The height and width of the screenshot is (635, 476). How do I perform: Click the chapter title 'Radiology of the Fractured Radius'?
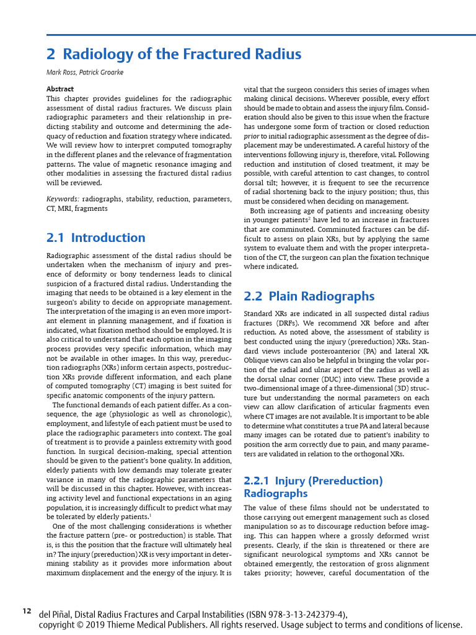(x=182, y=54)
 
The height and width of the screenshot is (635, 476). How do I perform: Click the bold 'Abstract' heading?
(x=60, y=89)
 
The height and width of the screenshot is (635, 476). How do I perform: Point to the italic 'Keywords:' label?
(x=63, y=199)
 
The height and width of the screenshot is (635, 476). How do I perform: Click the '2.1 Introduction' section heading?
(x=96, y=238)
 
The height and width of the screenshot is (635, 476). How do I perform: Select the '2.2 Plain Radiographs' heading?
(x=309, y=296)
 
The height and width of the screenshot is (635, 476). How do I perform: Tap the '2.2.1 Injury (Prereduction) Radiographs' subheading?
(x=313, y=487)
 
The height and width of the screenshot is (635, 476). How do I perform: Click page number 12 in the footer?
(x=27, y=611)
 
